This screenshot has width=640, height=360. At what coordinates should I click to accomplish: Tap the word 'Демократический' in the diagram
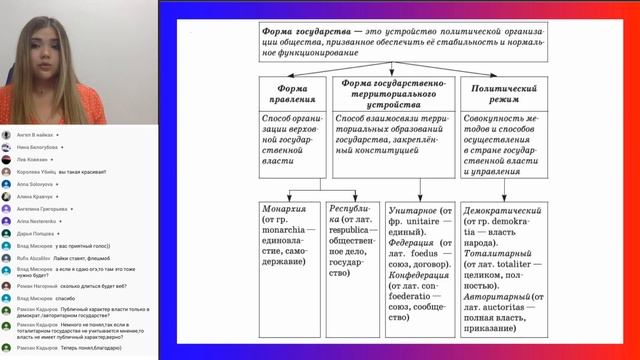click(510, 212)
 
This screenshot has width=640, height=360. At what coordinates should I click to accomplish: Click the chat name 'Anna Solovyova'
click(36, 185)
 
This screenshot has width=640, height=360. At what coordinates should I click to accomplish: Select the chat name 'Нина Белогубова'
click(38, 147)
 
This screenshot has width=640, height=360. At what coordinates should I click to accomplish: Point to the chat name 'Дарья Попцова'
click(35, 233)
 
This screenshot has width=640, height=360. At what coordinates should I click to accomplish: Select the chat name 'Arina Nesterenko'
click(36, 221)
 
